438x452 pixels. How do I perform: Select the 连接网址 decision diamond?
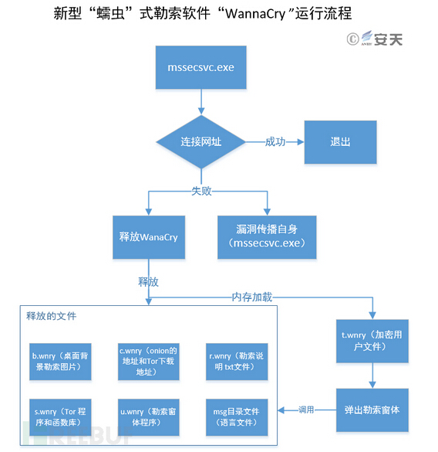coord(201,142)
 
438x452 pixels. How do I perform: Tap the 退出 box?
coord(340,142)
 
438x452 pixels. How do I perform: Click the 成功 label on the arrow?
coord(275,142)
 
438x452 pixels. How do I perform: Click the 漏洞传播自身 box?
coord(266,236)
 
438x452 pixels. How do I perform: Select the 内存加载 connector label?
coord(251,296)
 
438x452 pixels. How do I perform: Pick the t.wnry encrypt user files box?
coord(372,341)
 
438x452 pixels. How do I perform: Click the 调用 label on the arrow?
coord(307,410)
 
